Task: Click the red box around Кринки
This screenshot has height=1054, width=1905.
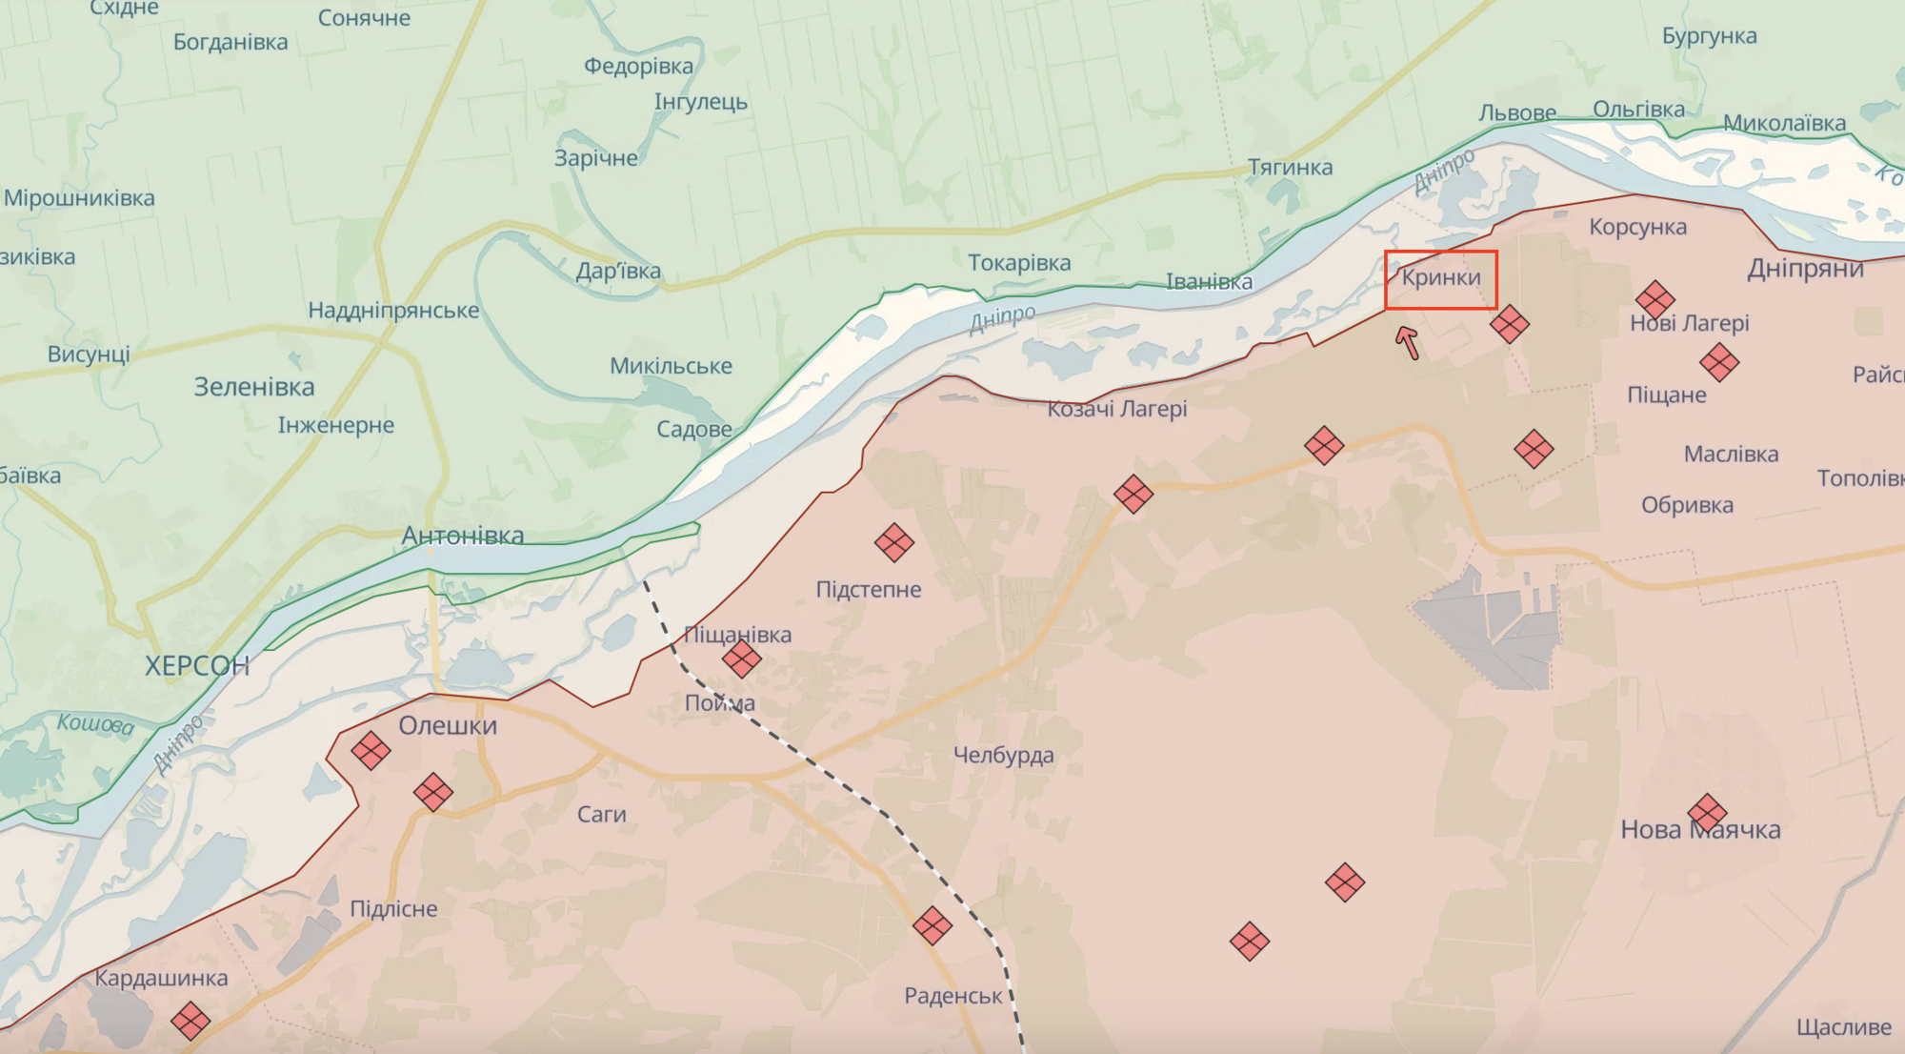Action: tap(1440, 280)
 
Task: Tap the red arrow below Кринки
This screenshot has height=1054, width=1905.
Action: tap(1408, 342)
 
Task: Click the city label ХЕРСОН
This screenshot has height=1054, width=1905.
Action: tap(197, 665)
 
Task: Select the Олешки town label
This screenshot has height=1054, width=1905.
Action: tap(448, 725)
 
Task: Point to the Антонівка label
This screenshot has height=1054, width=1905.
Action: tap(463, 536)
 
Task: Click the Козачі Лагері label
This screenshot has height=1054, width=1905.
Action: tap(1116, 409)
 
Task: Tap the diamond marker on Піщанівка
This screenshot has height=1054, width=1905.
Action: tap(741, 658)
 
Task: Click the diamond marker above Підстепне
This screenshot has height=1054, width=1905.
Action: tap(893, 542)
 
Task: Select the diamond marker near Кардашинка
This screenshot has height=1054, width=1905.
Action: tap(190, 1021)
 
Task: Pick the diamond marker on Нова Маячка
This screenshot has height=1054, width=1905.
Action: tap(1706, 813)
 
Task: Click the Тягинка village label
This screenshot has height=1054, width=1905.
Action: tap(1290, 168)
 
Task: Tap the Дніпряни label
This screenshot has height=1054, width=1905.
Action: tap(1804, 269)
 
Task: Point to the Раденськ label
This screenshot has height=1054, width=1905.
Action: tap(952, 996)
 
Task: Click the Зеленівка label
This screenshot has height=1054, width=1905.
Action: tap(254, 387)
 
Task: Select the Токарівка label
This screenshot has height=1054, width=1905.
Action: tap(1019, 263)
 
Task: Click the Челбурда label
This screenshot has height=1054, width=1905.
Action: tap(1003, 756)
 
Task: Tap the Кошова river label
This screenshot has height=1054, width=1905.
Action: tap(95, 724)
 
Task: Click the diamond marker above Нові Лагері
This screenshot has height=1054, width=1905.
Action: tap(1654, 299)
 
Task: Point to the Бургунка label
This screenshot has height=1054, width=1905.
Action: tap(1709, 36)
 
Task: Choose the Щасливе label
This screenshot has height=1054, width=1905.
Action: tap(1843, 1027)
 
